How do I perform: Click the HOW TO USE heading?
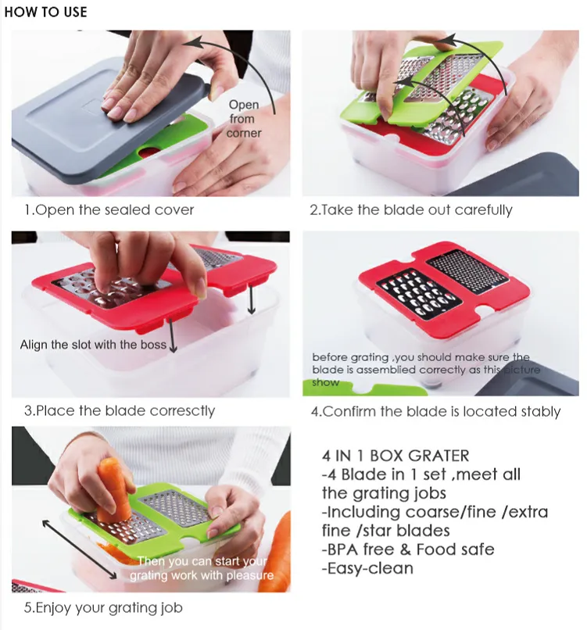(45, 12)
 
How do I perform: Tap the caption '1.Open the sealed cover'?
(109, 209)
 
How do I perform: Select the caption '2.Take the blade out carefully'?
(411, 210)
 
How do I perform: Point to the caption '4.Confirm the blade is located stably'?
(435, 412)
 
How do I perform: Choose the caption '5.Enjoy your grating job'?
(103, 608)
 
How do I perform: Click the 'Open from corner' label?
(244, 119)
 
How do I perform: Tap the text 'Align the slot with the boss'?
(93, 345)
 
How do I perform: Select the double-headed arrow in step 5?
(79, 549)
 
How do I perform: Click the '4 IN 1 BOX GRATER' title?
(396, 456)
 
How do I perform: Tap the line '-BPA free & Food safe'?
(408, 549)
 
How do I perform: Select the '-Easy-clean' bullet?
(367, 568)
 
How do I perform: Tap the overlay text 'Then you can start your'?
(202, 561)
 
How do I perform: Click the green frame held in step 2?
(421, 84)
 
